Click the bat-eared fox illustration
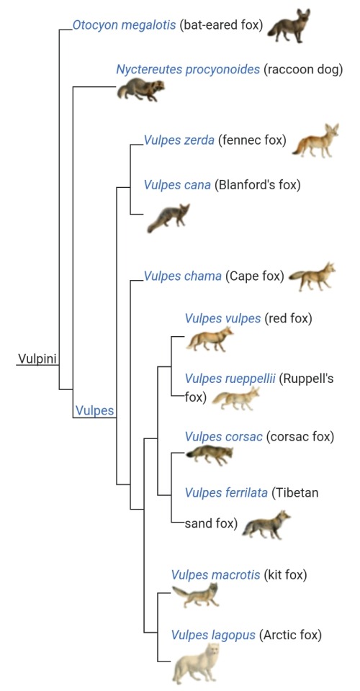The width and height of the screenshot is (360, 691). coord(289,26)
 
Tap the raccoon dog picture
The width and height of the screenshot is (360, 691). coord(140,89)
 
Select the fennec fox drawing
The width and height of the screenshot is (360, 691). coord(315,140)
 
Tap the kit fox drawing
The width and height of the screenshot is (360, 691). coord(195,595)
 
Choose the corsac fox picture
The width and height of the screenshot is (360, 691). coord(210,455)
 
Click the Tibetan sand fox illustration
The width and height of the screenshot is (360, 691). coord(266,525)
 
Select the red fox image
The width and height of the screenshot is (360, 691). coord(210,339)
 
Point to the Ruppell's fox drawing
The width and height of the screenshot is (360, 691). coord(235,398)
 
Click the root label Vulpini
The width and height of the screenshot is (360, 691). coord(37,358)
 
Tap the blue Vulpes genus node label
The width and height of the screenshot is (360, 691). coord(95,411)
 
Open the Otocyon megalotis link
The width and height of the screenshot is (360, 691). coord(125,25)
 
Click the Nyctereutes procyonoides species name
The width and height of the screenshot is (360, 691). coord(188,70)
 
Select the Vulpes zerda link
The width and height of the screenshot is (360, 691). coord(179,140)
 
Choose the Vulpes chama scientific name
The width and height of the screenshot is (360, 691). coord(182,276)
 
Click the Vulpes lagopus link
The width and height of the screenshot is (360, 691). coord(213,635)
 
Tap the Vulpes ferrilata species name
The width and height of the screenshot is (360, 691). coord(226,492)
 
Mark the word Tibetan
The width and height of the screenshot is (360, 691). coord(295,492)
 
